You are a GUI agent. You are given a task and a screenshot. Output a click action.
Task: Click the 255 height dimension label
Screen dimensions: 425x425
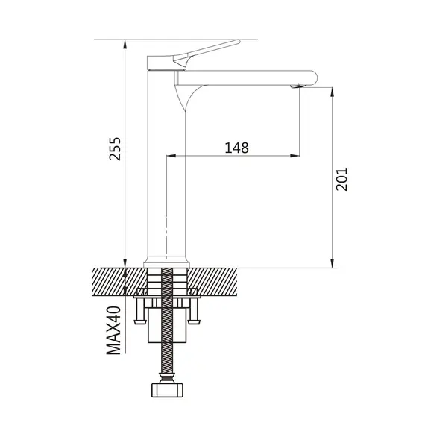pyautogui.click(x=115, y=149)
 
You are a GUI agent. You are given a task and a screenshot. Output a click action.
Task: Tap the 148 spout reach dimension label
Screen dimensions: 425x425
pyautogui.click(x=236, y=148)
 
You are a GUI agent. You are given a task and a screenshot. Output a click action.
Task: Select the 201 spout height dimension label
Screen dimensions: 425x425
pyautogui.click(x=341, y=179)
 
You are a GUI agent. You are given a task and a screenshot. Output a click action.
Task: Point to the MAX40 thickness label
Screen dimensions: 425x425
pyautogui.click(x=113, y=330)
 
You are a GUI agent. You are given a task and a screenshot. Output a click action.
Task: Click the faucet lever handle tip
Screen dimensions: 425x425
pyautogui.click(x=238, y=42)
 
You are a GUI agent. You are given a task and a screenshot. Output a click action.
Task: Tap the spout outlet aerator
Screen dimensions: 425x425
pyautogui.click(x=298, y=86)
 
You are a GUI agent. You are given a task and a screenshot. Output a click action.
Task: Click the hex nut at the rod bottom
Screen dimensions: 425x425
pyautogui.click(x=167, y=390)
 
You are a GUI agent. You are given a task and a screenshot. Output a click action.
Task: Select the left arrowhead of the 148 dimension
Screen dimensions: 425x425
pyautogui.click(x=171, y=156)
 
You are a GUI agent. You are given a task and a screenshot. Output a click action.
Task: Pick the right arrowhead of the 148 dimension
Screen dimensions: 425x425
pyautogui.click(x=295, y=156)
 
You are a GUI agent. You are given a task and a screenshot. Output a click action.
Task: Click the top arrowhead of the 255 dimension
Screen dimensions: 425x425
pyautogui.click(x=125, y=44)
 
